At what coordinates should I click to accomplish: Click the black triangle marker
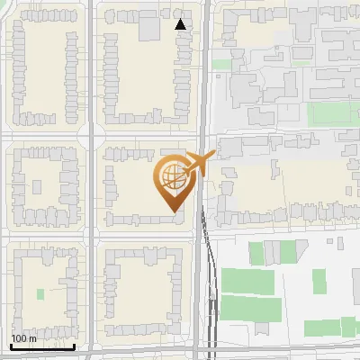[x=181, y=24]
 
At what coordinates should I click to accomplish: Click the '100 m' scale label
[x=23, y=338]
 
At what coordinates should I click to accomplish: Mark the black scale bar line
[x=42, y=346]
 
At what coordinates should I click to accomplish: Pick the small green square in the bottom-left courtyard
[x=40, y=293]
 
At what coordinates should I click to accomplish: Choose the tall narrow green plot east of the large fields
[x=319, y=281]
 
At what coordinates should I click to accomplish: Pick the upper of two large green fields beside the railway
[x=251, y=281]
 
